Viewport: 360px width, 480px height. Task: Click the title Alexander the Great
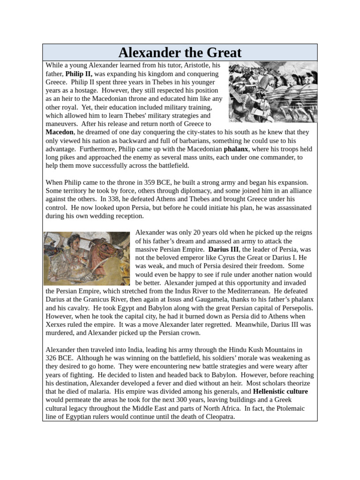tap(180, 52)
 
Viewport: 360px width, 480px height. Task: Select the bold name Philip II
tap(79, 74)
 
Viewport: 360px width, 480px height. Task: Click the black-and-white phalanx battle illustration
tap(272, 92)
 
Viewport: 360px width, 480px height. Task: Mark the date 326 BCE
tap(57, 358)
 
